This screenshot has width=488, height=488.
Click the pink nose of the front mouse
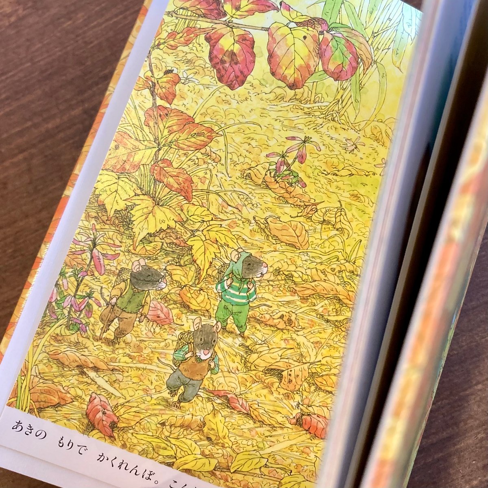coord(207,350)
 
